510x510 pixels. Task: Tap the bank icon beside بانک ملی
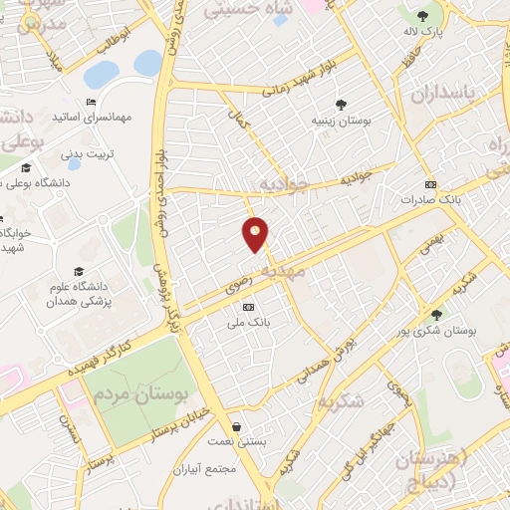pos(248,306)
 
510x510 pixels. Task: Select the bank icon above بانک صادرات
pos(429,184)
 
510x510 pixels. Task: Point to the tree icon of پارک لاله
pos(422,15)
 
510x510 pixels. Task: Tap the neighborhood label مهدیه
pos(283,271)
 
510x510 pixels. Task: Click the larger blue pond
pos(101,75)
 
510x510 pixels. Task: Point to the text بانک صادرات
pos(427,199)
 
